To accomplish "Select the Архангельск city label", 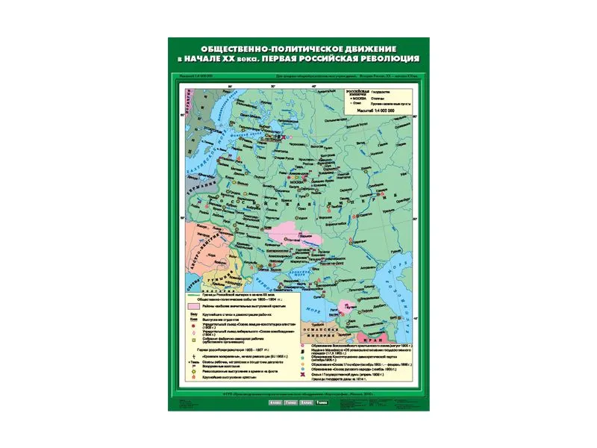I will click(x=303, y=118).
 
